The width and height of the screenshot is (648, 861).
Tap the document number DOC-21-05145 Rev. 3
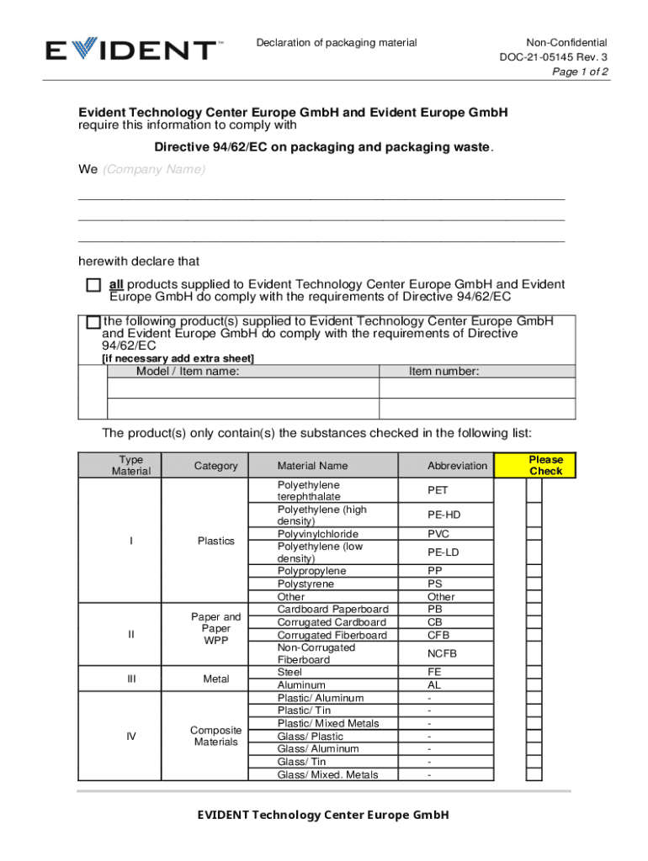click(553, 57)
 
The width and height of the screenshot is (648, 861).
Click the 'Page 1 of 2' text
click(580, 72)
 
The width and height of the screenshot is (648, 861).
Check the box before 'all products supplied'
click(93, 286)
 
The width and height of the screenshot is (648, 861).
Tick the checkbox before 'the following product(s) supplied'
click(93, 322)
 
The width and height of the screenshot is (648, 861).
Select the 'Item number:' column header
click(444, 371)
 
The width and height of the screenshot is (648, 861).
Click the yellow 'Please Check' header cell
click(545, 465)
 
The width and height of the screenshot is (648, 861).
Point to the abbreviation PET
click(438, 490)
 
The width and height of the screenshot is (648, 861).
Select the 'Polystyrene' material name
click(305, 584)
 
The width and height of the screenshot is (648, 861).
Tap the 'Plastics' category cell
click(215, 541)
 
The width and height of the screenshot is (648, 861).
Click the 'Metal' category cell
click(215, 679)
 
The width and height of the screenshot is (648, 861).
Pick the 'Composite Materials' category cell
click(215, 737)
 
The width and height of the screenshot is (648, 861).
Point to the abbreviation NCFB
click(442, 653)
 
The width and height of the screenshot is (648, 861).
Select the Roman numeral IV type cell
click(131, 737)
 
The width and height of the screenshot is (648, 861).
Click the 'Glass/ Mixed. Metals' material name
click(327, 774)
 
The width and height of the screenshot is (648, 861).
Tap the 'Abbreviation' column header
click(457, 466)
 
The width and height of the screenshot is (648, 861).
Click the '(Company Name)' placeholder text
click(154, 170)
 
